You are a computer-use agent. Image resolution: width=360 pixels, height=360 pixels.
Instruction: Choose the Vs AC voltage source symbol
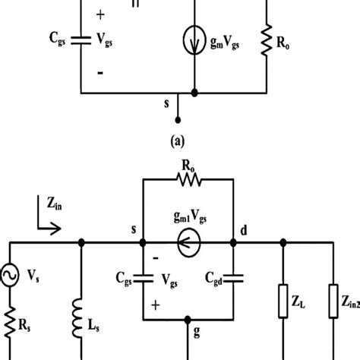[x=10, y=290]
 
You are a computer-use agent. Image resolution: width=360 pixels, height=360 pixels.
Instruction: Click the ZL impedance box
[x=283, y=313]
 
